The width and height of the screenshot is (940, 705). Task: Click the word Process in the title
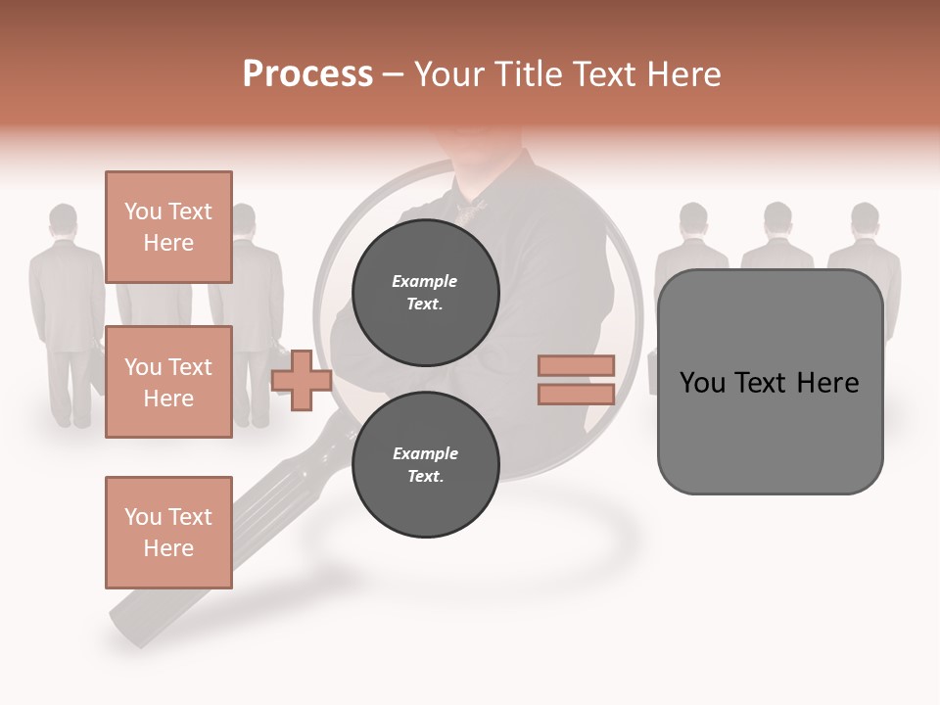point(307,74)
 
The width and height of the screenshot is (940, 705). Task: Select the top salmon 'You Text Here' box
point(168,227)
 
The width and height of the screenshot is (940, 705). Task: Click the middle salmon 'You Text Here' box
point(168,382)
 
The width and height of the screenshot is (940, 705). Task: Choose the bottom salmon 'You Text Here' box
point(168,532)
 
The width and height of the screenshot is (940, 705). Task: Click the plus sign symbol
point(302,380)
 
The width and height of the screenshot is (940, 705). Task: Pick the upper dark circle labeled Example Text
point(425,293)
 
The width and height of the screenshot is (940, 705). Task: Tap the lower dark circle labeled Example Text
point(425,465)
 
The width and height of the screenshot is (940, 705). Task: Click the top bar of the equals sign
point(576,365)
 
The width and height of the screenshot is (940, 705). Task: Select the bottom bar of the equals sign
point(576,394)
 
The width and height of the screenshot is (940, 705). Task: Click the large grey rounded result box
point(770,382)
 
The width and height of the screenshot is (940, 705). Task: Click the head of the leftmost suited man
point(64,218)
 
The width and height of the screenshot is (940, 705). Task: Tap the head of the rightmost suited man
point(864,217)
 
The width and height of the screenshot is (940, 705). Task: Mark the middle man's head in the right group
point(777,217)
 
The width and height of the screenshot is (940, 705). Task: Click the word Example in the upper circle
point(425,282)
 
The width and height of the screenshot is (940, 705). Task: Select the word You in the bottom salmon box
point(143,517)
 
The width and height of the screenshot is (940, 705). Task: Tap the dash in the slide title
point(393,74)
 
